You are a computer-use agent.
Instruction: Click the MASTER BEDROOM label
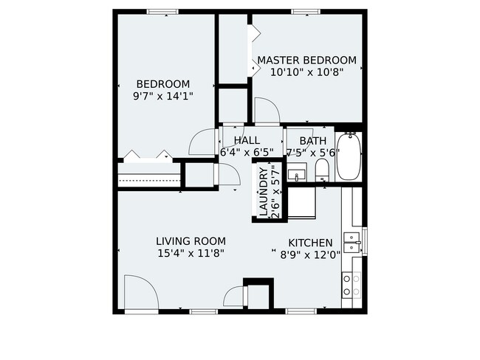pyautogui.click(x=306, y=60)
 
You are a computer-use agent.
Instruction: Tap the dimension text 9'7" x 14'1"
pyautogui.click(x=162, y=96)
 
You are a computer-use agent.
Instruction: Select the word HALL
pyautogui.click(x=247, y=140)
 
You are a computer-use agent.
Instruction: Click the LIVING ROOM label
pyautogui.click(x=191, y=241)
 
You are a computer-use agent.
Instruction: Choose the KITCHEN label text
pyautogui.click(x=310, y=243)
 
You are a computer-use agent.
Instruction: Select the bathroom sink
pyautogui.click(x=298, y=176)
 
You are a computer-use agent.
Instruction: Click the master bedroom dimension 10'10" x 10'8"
pyautogui.click(x=306, y=73)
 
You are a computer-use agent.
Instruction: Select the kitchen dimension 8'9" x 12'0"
pyautogui.click(x=310, y=255)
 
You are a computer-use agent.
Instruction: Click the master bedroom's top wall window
pyautogui.click(x=304, y=12)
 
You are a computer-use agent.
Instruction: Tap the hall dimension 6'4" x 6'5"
pyautogui.click(x=247, y=153)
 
